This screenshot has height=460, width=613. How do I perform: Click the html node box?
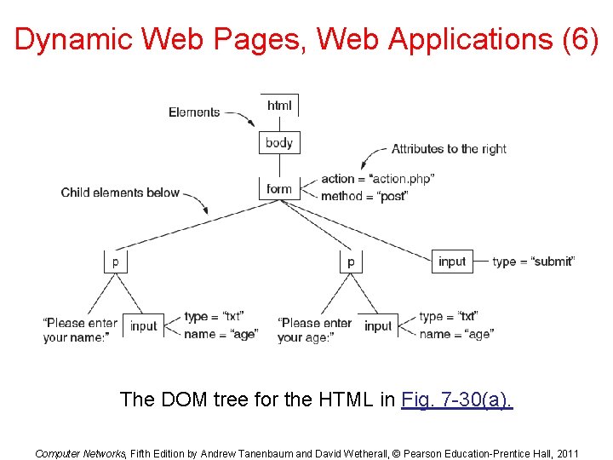coord(279,106)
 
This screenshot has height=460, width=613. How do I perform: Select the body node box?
coord(279,143)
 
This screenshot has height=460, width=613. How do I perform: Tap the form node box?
coord(279,189)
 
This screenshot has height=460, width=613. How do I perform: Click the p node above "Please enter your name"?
coord(116,262)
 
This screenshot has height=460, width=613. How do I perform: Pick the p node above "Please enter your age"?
coord(351,262)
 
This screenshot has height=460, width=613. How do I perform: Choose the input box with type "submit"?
coord(452,262)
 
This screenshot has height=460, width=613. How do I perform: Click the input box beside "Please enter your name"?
coord(144,326)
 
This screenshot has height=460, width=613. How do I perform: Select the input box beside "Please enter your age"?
coord(378,326)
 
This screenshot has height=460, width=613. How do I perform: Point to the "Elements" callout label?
coord(194,112)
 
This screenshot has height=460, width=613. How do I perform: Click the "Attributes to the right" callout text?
coord(449,149)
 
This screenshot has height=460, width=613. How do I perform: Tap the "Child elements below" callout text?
coord(120,193)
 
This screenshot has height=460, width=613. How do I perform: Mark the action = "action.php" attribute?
coord(377,179)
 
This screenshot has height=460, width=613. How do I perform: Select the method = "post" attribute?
coord(364,196)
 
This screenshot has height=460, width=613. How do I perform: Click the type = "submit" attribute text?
coord(533,262)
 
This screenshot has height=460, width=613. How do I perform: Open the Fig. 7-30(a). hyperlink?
coord(457,399)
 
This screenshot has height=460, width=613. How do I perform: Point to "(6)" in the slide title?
coord(581,39)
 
